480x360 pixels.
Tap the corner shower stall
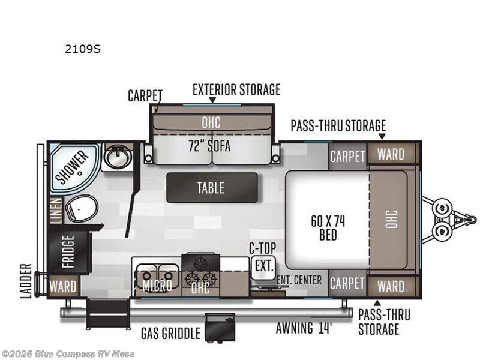pyautogui.click(x=71, y=164)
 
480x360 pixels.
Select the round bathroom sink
pyautogui.click(x=118, y=157)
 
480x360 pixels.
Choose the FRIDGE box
pyautogui.click(x=67, y=252)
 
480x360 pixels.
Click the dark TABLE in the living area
pyautogui.click(x=211, y=187)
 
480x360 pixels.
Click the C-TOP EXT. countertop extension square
pyautogui.click(x=263, y=266)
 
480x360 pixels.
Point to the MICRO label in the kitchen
pyautogui.click(x=157, y=286)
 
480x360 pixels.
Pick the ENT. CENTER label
pyautogui.click(x=299, y=280)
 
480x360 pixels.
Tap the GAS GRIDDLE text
pyautogui.click(x=171, y=332)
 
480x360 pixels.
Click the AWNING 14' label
pyautogui.click(x=305, y=328)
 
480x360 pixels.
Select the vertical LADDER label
pyautogui.click(x=26, y=280)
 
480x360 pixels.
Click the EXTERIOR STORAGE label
pyautogui.click(x=236, y=90)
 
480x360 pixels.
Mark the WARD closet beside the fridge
pyautogui.click(x=63, y=286)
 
